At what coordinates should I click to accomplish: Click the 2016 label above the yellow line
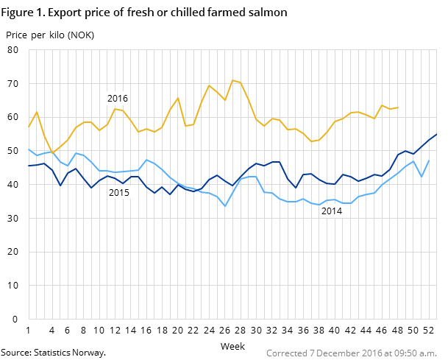pos(118,99)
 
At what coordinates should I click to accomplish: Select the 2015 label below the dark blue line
pos(119,193)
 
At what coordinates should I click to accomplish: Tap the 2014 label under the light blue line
pos(331,211)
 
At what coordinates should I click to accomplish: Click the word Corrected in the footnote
pos(286,353)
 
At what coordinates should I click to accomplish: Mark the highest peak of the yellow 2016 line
pos(232,80)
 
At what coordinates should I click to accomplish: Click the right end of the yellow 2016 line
pos(398,107)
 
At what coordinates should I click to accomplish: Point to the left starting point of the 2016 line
pos(29,127)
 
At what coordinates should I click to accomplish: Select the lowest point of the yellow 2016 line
pos(52,152)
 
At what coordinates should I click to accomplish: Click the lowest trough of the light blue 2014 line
pos(225,206)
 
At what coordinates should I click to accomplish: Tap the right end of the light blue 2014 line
pos(430,160)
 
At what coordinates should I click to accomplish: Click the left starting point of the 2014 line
pos(29,149)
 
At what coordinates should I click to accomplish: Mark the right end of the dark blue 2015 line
pos(437,134)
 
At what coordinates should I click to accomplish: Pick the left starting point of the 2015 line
pos(29,166)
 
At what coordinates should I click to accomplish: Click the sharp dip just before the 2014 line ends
pos(422,177)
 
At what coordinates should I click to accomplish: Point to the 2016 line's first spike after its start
pos(37,112)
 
